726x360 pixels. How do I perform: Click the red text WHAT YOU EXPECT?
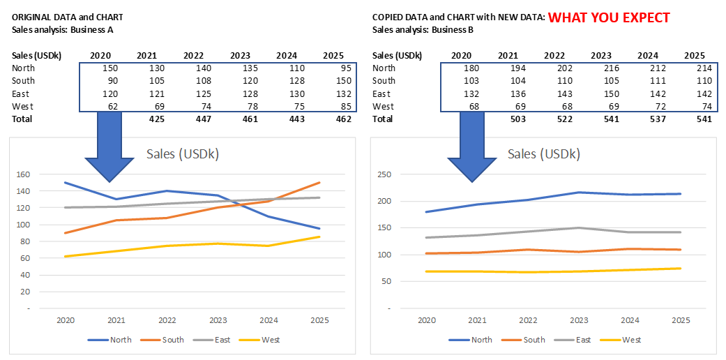click(609, 17)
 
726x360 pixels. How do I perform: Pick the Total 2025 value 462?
click(342, 119)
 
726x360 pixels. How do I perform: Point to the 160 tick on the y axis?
click(24, 174)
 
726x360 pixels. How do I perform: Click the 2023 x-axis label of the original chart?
click(218, 320)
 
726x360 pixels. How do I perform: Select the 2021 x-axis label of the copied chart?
click(478, 320)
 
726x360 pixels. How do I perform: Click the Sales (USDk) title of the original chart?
click(183, 154)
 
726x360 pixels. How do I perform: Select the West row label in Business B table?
click(383, 107)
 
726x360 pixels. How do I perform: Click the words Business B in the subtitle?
click(453, 30)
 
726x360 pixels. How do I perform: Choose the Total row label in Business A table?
click(22, 119)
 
